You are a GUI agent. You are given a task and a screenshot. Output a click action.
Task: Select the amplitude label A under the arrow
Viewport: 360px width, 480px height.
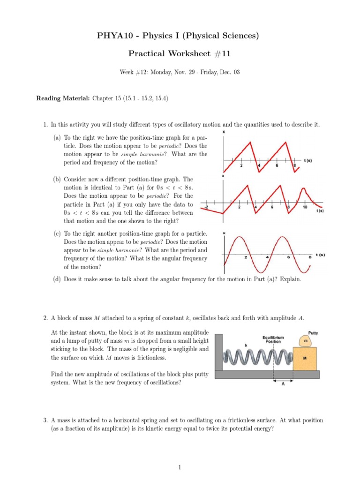tap(283, 386)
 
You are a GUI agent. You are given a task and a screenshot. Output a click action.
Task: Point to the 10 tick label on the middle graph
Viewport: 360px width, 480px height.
tap(305, 207)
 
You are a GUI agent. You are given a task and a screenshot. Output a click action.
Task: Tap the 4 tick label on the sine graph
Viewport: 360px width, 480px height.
tap(267, 257)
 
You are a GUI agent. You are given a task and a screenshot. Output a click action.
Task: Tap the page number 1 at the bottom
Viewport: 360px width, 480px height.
tap(180, 467)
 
